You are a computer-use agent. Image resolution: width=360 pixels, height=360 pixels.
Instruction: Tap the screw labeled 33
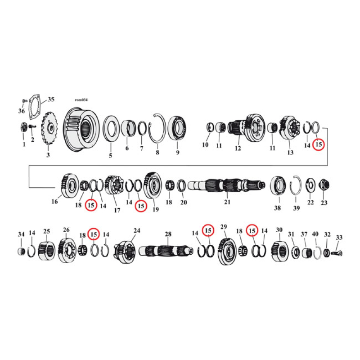click(x=337, y=253)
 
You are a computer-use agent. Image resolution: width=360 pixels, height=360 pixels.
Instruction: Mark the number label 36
click(x=22, y=112)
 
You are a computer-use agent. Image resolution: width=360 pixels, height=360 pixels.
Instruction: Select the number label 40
click(x=315, y=234)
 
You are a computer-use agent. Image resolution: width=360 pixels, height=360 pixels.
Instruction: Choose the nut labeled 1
click(x=24, y=128)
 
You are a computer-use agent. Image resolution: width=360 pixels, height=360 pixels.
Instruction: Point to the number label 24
click(x=136, y=231)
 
